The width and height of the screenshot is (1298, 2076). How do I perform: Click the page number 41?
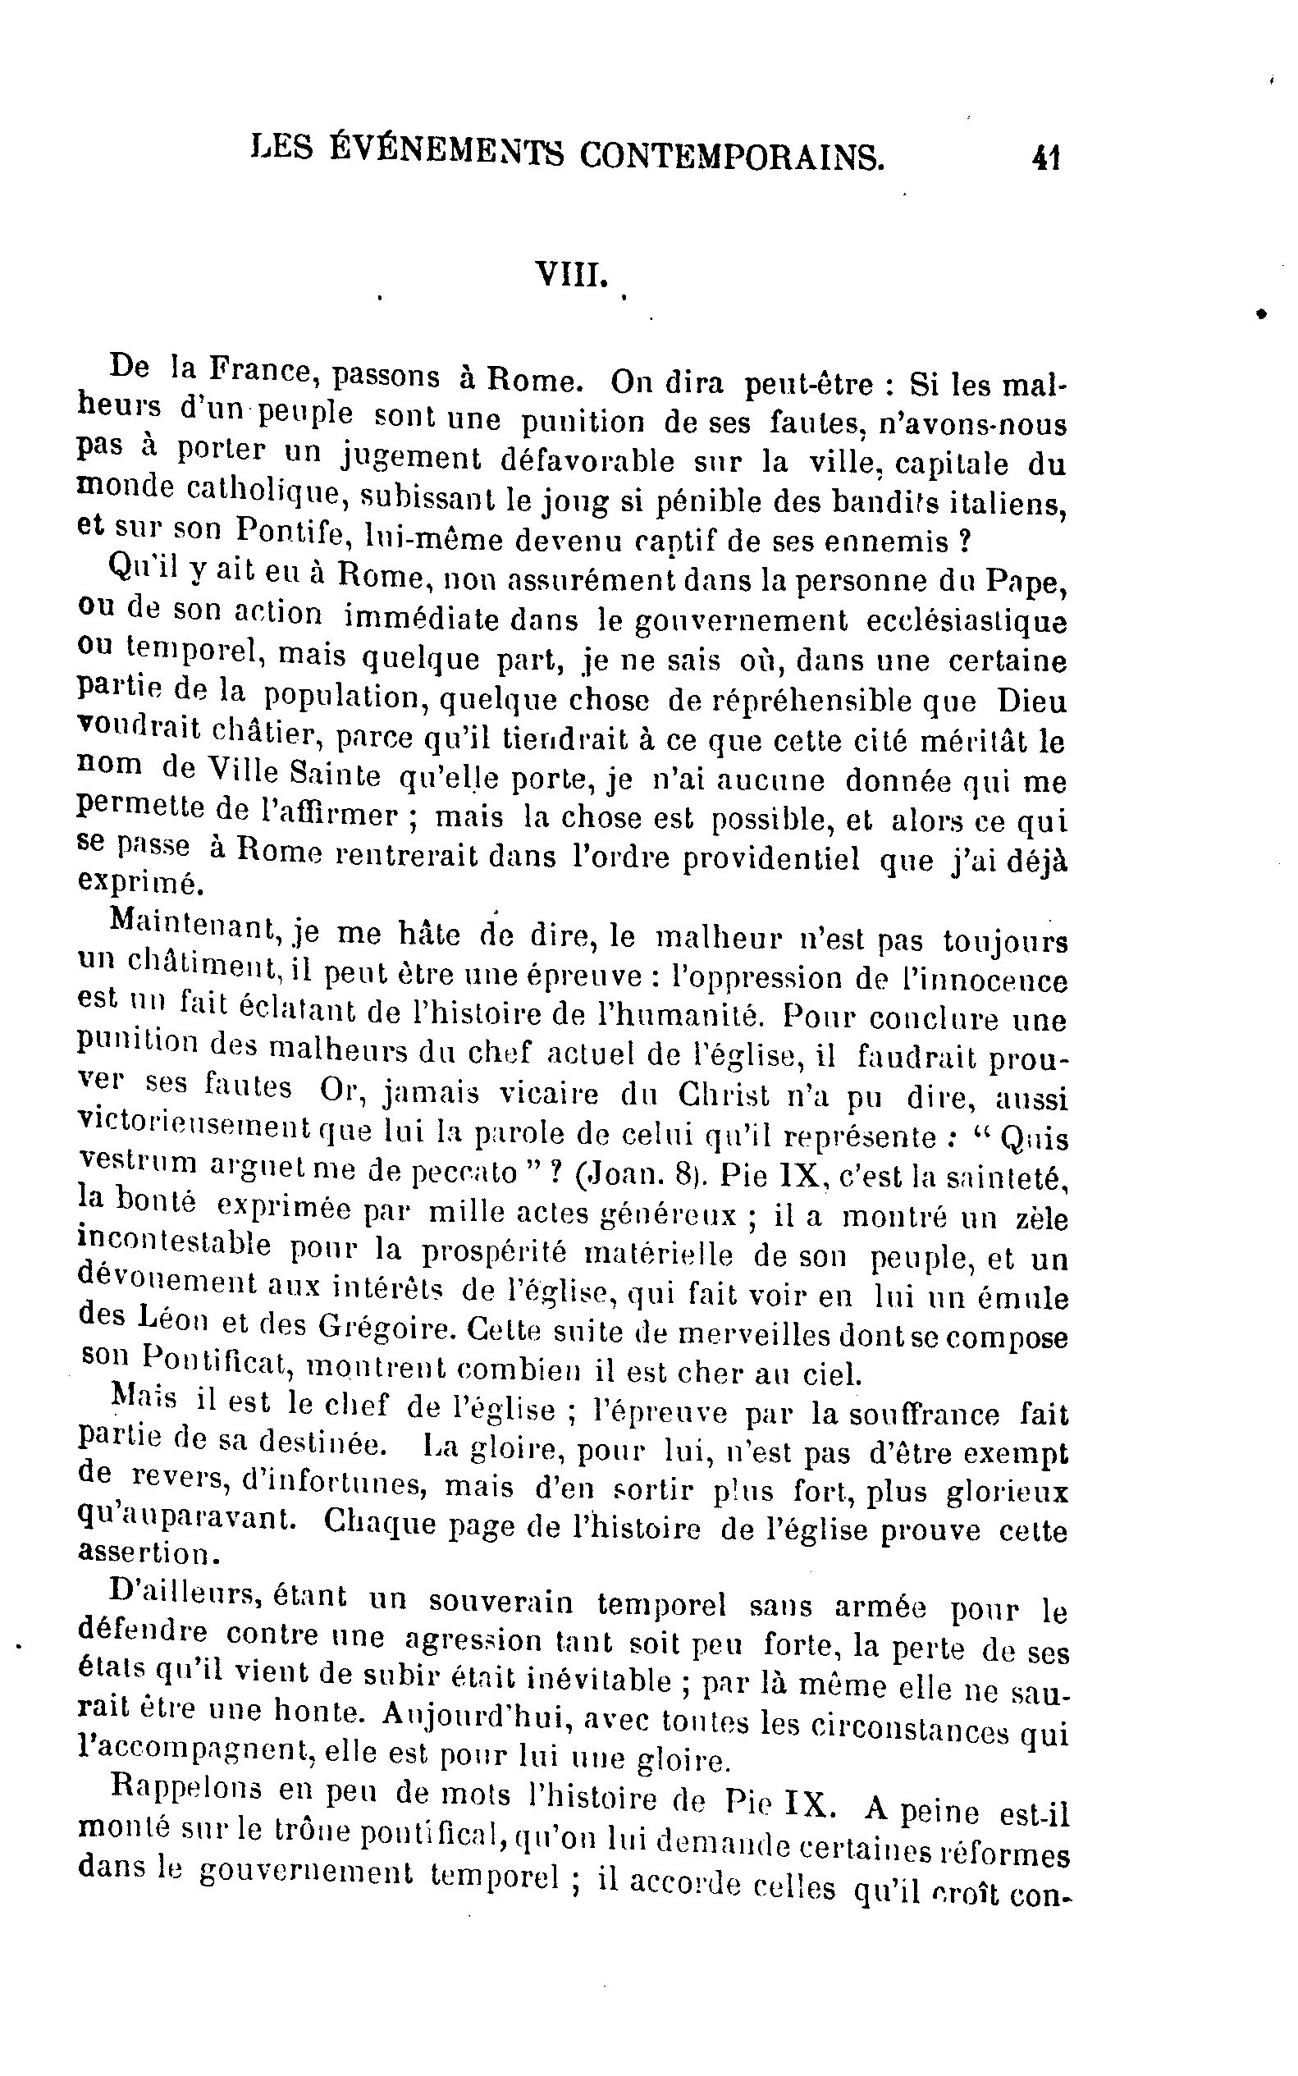coord(1046,159)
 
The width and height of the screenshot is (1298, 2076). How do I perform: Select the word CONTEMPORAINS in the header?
coord(731,156)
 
